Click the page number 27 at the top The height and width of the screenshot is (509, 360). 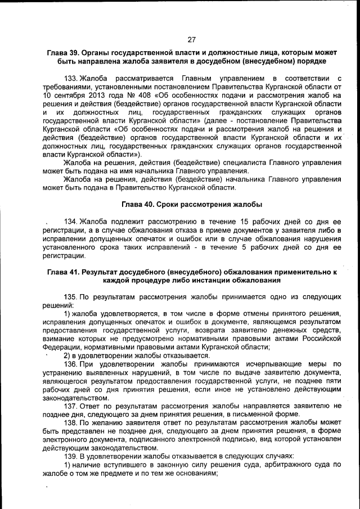coord(191,39)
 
